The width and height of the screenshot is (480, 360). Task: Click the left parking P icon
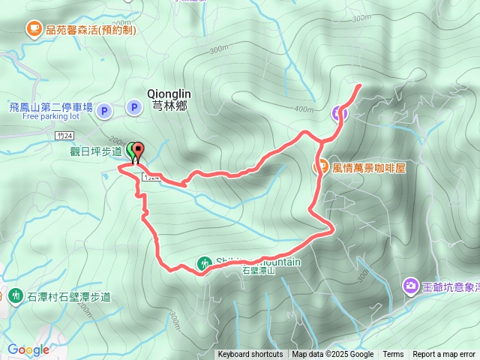click(x=104, y=109)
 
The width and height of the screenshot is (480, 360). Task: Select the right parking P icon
click(x=134, y=108)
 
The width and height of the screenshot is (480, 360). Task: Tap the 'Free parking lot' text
click(x=51, y=117)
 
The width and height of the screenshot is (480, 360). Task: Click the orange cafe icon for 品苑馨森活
click(x=34, y=29)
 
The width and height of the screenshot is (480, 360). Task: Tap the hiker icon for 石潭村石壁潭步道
click(x=16, y=295)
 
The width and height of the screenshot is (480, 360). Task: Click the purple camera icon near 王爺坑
click(x=410, y=285)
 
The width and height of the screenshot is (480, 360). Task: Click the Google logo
click(x=28, y=349)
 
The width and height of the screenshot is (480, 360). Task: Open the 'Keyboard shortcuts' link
click(x=250, y=355)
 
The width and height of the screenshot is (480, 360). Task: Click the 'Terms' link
click(x=393, y=355)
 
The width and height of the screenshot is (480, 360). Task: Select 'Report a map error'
click(x=444, y=355)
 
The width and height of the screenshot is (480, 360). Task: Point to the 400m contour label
click(x=304, y=109)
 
